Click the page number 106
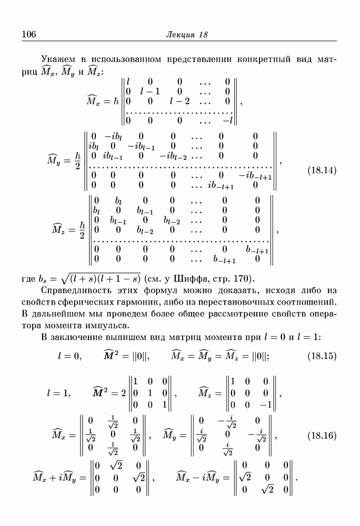(x=28, y=35)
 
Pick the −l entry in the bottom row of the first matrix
(x=227, y=120)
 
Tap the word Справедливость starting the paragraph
(x=76, y=291)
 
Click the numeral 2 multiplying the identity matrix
(x=122, y=392)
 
